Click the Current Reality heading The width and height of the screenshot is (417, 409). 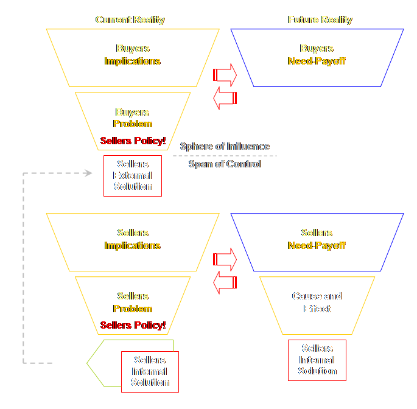(130, 20)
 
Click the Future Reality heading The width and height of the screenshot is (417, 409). (320, 20)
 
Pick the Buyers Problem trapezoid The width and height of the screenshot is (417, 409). (132, 119)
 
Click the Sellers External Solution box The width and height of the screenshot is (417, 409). (133, 175)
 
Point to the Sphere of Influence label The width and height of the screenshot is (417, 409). (225, 147)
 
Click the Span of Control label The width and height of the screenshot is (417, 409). (225, 164)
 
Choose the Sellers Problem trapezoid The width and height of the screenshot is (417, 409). (132, 303)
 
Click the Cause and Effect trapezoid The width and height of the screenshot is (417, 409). (317, 303)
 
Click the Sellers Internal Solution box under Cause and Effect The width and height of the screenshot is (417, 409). (317, 360)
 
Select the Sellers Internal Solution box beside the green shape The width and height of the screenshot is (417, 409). (150, 371)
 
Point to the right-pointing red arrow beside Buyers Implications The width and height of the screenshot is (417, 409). (225, 75)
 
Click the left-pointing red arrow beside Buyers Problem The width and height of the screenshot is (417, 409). (225, 98)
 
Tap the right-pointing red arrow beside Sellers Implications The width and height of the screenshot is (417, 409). (225, 259)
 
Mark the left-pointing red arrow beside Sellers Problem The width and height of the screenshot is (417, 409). (225, 282)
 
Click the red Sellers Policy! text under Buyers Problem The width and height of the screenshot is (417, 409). (133, 141)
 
